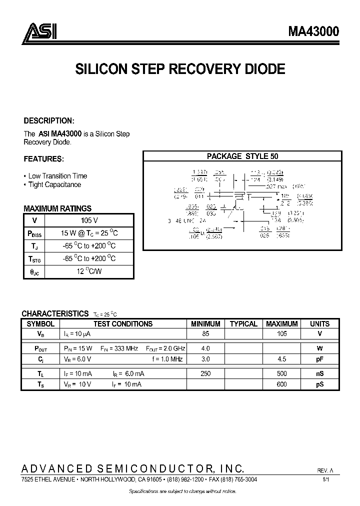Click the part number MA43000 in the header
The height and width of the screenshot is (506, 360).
coord(313,31)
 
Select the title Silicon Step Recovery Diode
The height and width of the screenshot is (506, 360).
coord(180,69)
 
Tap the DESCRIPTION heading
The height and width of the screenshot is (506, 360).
coord(49,121)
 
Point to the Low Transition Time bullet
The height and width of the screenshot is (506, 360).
coord(57,176)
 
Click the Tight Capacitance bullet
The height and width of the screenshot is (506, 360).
coord(54,184)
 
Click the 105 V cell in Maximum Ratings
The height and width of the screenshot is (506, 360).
coord(89,220)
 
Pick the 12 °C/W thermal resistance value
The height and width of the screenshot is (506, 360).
coord(89,272)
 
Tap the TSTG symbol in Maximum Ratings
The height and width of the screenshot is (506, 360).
coord(34,259)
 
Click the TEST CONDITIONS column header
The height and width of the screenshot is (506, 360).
coord(123,323)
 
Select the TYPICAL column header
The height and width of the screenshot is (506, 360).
coord(243,323)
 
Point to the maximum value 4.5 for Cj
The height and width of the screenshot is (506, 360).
coord(282,359)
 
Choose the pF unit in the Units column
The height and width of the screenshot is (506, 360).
coord(319,359)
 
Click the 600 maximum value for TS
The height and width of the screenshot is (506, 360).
coord(282,384)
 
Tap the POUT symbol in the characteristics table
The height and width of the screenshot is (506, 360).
coord(40,348)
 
